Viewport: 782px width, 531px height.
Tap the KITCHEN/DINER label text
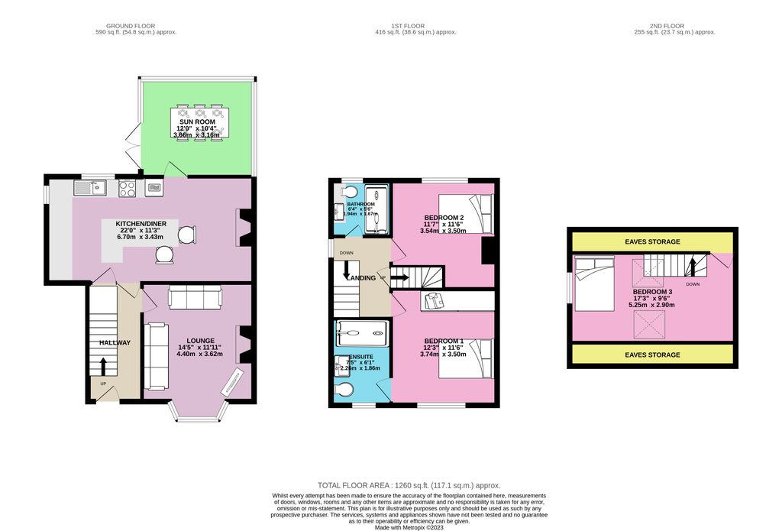click(147, 223)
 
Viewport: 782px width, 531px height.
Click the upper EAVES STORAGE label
click(652, 241)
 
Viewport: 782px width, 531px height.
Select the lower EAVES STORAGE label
click(652, 355)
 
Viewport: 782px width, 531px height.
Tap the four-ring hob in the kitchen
click(127, 187)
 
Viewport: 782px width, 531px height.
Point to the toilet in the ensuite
click(344, 390)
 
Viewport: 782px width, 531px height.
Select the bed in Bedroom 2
click(470, 213)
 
